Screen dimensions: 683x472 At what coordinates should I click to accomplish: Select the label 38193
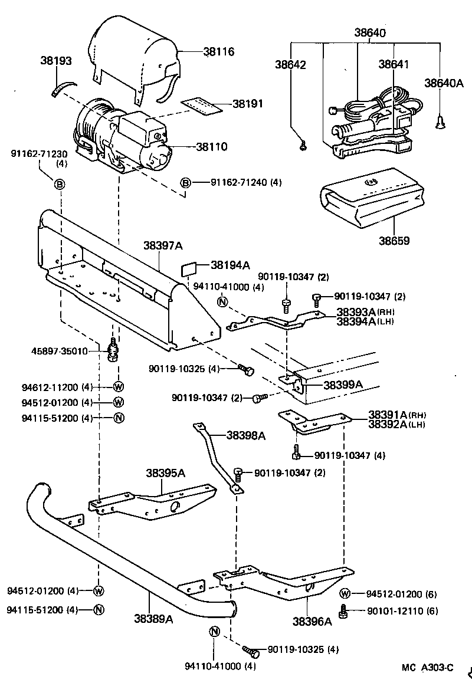[56, 60]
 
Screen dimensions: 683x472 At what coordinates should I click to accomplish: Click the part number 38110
[211, 147]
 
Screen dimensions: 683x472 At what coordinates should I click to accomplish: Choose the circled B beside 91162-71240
[185, 183]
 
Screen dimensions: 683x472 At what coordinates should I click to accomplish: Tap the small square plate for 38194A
[189, 270]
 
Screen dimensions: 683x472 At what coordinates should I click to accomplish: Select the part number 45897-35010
[59, 351]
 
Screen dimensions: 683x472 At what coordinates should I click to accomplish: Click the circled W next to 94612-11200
[118, 388]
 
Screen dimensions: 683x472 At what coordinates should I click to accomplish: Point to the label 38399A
[343, 385]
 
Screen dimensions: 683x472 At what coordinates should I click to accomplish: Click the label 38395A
[166, 473]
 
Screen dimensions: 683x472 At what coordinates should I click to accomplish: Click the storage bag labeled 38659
[371, 201]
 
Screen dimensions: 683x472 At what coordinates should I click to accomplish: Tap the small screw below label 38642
[302, 144]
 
